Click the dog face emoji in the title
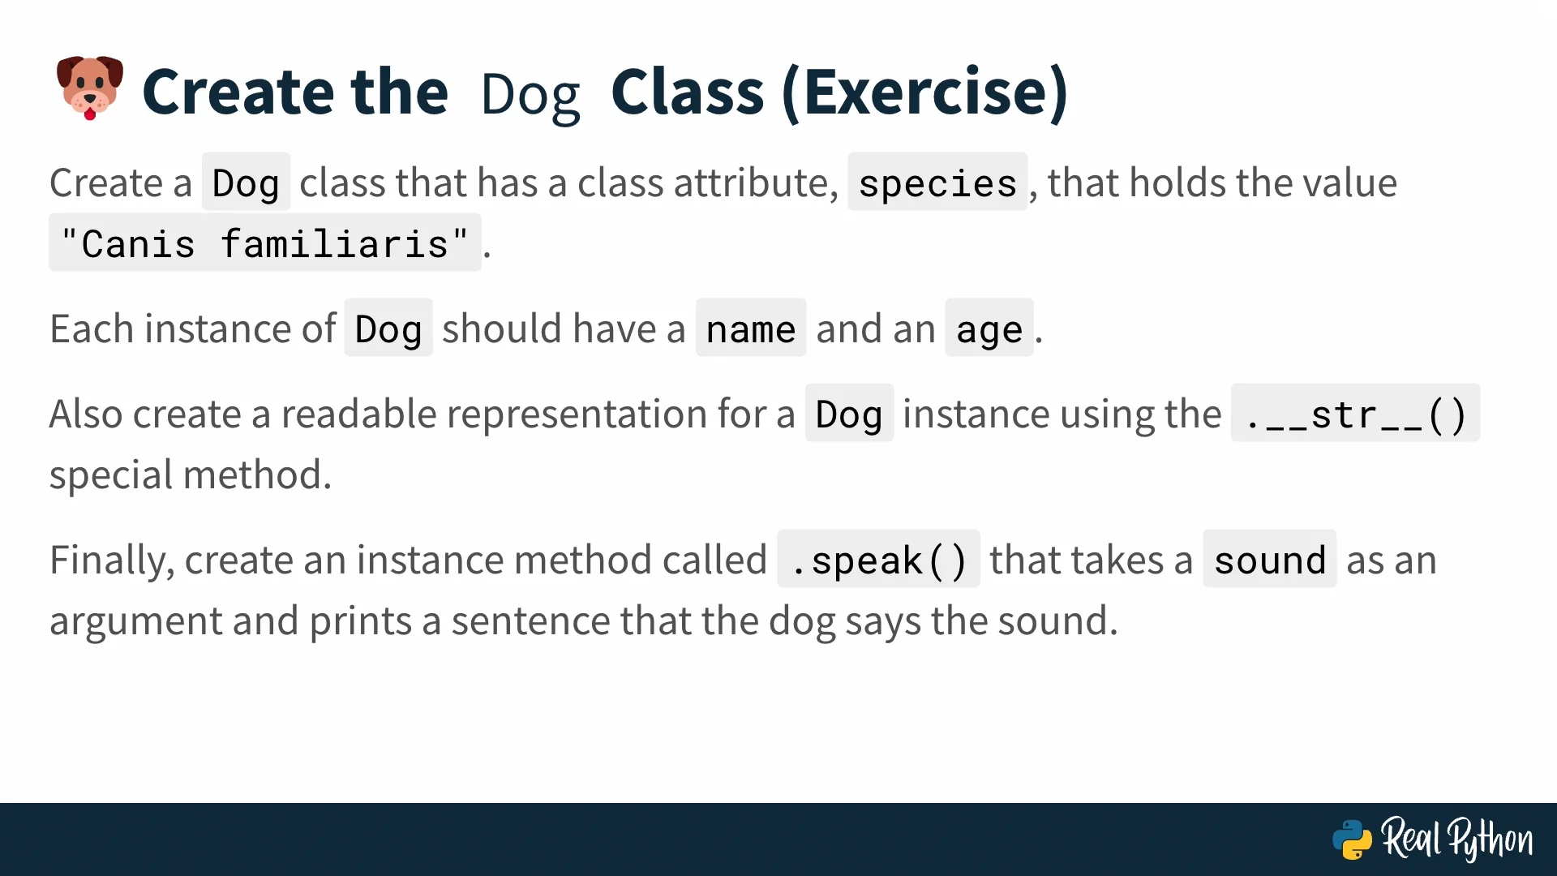(x=90, y=88)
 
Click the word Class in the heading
(x=688, y=92)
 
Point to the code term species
(x=937, y=182)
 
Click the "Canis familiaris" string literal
(x=265, y=243)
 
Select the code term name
(x=751, y=328)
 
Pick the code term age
(x=989, y=328)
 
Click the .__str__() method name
(x=1355, y=414)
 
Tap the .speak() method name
(x=878, y=560)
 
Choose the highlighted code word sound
(x=1270, y=560)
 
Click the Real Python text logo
(x=1457, y=839)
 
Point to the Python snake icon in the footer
(x=1352, y=839)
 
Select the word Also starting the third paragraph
(x=87, y=414)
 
